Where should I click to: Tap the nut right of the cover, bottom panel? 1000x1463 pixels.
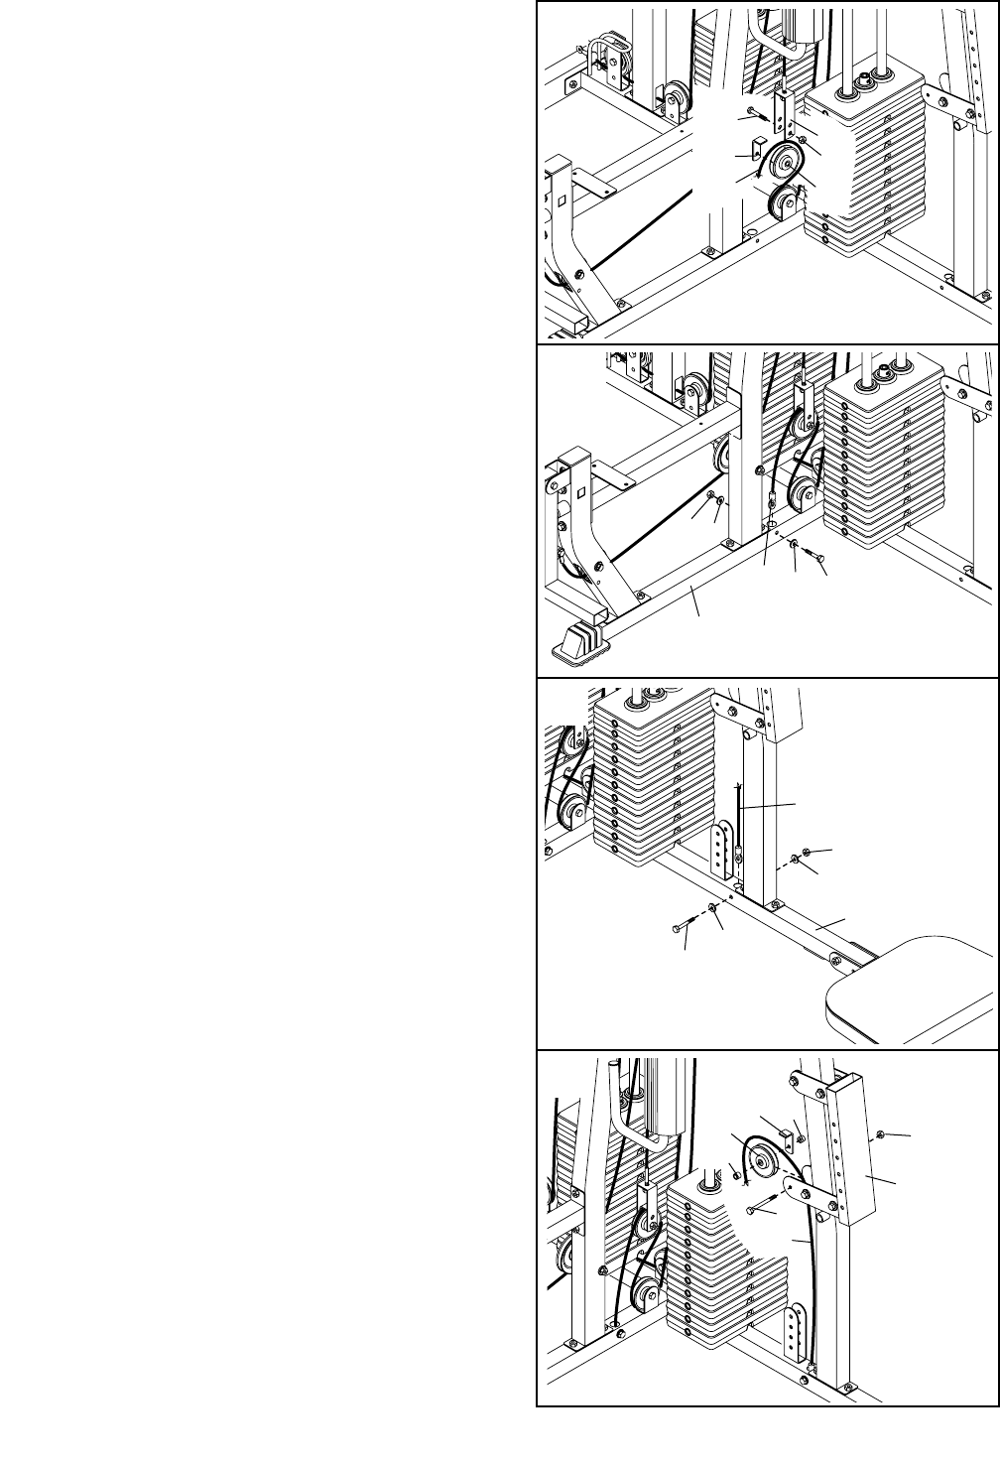(x=882, y=1132)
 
